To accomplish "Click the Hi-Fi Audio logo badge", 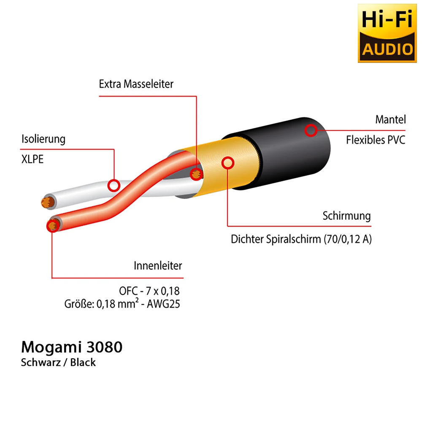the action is pyautogui.click(x=387, y=33).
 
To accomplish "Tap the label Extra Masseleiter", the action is pyautogui.click(x=136, y=84).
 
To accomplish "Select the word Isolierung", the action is pyautogui.click(x=43, y=139).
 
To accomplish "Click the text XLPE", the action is pyautogui.click(x=32, y=159).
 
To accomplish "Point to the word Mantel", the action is pyautogui.click(x=390, y=119).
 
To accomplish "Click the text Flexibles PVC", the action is pyautogui.click(x=376, y=140).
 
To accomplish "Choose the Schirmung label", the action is pyautogui.click(x=346, y=216).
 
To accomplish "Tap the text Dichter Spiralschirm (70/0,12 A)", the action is pyautogui.click(x=301, y=239).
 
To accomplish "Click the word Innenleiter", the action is pyautogui.click(x=158, y=265).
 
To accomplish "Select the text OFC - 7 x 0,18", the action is pyautogui.click(x=149, y=291).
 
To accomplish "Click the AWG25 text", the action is pyautogui.click(x=163, y=304).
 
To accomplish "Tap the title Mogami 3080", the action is pyautogui.click(x=72, y=347).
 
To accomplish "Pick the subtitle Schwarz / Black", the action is pyautogui.click(x=58, y=362).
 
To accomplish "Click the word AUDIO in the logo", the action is pyautogui.click(x=387, y=49).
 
